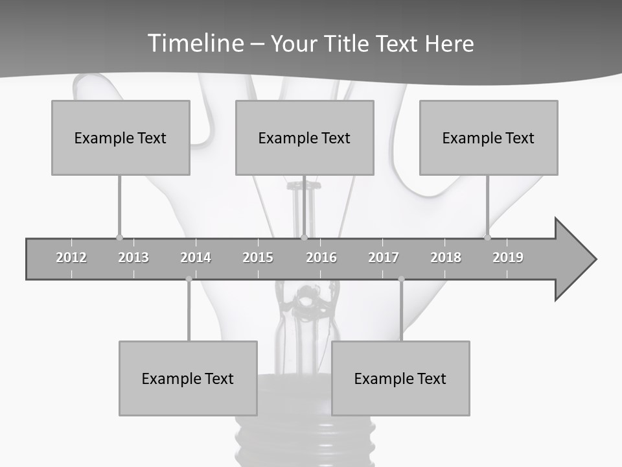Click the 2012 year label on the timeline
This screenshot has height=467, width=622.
click(71, 257)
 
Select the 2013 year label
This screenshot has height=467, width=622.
click(133, 257)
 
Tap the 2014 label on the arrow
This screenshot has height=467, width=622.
click(196, 257)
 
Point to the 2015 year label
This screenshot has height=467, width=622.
click(258, 257)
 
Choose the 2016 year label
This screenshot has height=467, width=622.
click(321, 257)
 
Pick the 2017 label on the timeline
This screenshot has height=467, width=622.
click(384, 257)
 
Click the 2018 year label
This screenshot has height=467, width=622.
click(446, 257)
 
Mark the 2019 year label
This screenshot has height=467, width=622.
click(508, 257)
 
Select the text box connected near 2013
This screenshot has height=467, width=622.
click(121, 138)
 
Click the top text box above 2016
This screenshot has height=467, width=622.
click(305, 138)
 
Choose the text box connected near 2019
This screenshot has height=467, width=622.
click(489, 138)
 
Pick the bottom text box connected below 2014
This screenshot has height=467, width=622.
click(188, 378)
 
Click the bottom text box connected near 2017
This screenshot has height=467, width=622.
click(400, 378)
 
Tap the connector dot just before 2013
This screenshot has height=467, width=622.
click(119, 237)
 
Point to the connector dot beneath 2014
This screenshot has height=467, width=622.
click(189, 279)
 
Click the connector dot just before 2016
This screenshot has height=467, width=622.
click(304, 237)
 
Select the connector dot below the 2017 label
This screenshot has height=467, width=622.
click(401, 279)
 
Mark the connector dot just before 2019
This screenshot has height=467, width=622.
click(487, 237)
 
